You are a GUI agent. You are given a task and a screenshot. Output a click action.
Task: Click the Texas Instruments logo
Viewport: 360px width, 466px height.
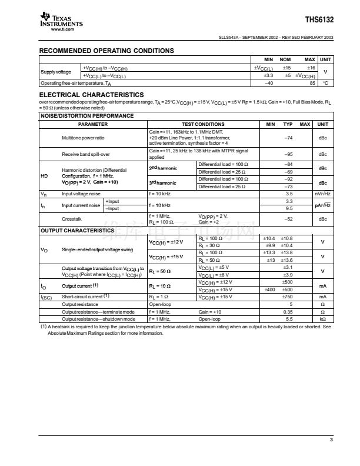tap(61, 21)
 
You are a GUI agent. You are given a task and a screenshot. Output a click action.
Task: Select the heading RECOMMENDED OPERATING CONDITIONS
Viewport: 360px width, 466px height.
tap(106, 51)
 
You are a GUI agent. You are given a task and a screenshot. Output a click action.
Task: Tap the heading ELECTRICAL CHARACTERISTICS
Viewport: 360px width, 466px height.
tap(91, 94)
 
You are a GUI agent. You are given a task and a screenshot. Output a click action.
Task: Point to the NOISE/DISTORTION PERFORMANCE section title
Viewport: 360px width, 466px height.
tap(86, 116)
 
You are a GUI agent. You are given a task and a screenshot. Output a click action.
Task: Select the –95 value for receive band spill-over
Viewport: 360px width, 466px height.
tap(288, 154)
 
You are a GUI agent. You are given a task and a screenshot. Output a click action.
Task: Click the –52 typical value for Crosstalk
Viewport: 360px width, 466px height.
tap(288, 219)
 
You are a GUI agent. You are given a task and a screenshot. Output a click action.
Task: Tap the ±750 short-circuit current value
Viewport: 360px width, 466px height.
tap(288, 297)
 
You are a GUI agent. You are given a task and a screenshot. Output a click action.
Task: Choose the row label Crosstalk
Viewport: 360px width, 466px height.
tap(74, 219)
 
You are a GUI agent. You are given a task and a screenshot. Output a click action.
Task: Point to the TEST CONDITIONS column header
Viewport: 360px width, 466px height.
tap(203, 124)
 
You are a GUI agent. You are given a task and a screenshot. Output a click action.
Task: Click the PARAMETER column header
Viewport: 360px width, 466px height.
tap(93, 124)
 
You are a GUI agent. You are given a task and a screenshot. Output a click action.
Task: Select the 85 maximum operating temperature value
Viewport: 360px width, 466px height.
tap(312, 83)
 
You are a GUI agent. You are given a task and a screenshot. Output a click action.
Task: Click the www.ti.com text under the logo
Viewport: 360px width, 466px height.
tap(62, 28)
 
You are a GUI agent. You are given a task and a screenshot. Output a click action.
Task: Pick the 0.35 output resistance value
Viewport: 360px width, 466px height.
tap(288, 311)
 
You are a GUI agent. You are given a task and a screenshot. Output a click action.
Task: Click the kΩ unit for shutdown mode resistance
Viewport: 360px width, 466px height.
tap(323, 318)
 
